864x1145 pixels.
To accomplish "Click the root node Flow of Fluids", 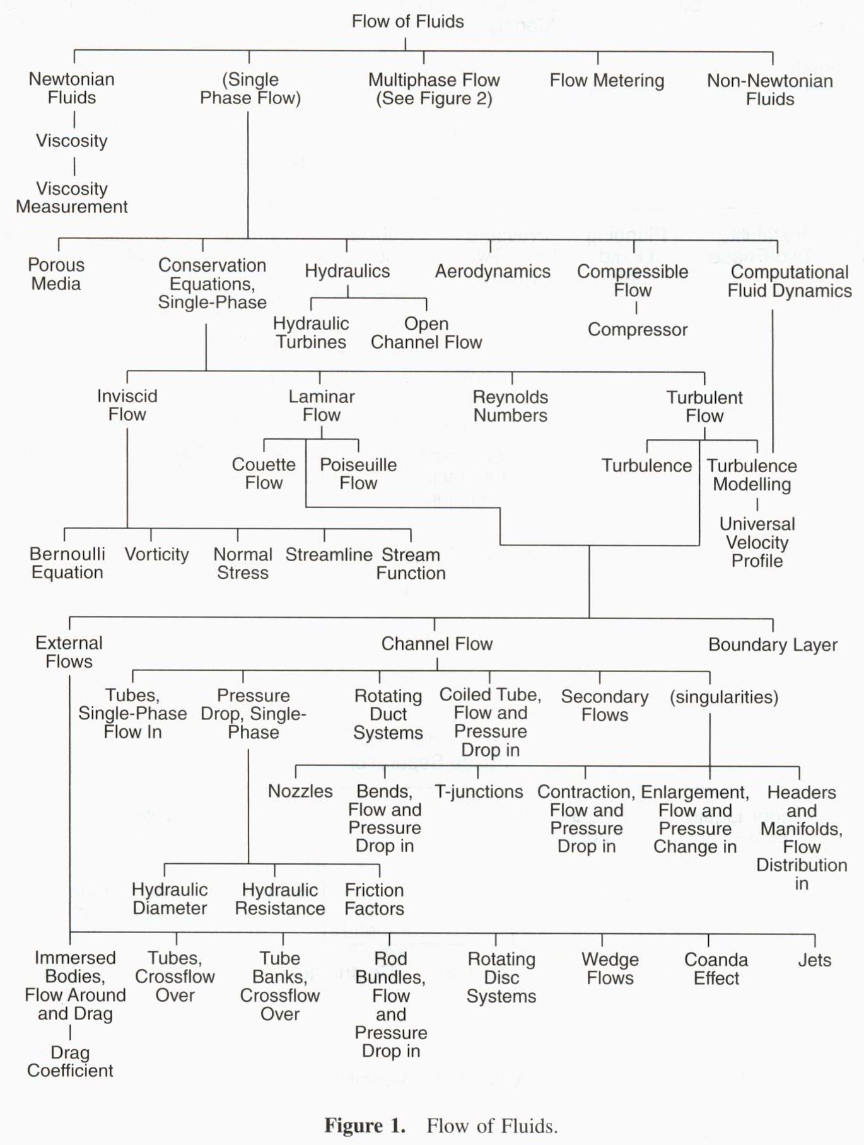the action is pyautogui.click(x=407, y=21).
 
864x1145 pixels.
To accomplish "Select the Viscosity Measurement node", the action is pyautogui.click(x=72, y=197).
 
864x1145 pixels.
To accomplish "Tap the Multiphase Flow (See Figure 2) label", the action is pyautogui.click(x=434, y=89).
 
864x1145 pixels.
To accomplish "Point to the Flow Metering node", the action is pyautogui.click(x=607, y=81).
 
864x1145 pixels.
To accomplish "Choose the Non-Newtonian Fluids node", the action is pyautogui.click(x=770, y=90).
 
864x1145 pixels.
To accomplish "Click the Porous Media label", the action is pyautogui.click(x=56, y=274).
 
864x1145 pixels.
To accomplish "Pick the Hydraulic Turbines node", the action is pyautogui.click(x=311, y=333).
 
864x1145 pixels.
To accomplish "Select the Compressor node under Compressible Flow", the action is pyautogui.click(x=638, y=330).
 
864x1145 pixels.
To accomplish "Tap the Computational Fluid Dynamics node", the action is pyautogui.click(x=790, y=281).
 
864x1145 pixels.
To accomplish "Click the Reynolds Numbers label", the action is pyautogui.click(x=510, y=406).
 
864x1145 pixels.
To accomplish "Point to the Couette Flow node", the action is pyautogui.click(x=264, y=474).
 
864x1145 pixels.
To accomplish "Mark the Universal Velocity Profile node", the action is pyautogui.click(x=757, y=542).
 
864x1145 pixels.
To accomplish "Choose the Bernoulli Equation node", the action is pyautogui.click(x=67, y=563).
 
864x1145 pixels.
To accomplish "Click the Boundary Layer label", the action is pyautogui.click(x=773, y=645).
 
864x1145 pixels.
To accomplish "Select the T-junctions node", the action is pyautogui.click(x=479, y=792).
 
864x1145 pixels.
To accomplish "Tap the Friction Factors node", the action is pyautogui.click(x=374, y=899).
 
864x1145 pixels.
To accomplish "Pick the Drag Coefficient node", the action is pyautogui.click(x=70, y=1061).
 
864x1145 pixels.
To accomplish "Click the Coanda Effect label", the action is pyautogui.click(x=716, y=969).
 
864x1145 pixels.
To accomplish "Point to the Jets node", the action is pyautogui.click(x=814, y=960).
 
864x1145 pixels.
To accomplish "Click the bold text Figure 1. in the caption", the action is pyautogui.click(x=365, y=1125).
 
